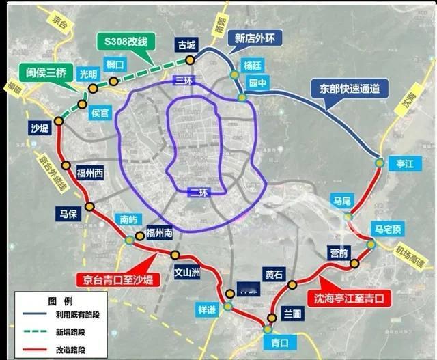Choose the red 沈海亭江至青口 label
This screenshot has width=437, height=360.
(349, 299)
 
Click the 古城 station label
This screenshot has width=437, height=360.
(186, 45)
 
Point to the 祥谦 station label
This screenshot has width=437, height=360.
(206, 309)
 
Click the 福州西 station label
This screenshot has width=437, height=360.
(89, 173)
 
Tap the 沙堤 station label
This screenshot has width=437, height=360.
(40, 127)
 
